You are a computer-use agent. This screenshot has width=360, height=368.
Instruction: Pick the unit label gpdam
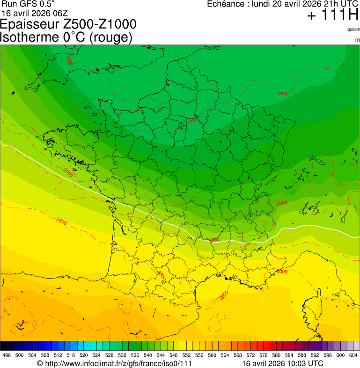coord(353,29)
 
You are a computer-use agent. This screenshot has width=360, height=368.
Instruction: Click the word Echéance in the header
coord(227,4)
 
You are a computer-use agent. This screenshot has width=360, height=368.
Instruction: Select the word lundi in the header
coord(262,4)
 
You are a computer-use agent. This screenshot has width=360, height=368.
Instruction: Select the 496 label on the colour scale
coord(7,355)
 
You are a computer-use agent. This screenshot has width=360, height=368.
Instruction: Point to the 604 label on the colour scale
coord(353,355)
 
